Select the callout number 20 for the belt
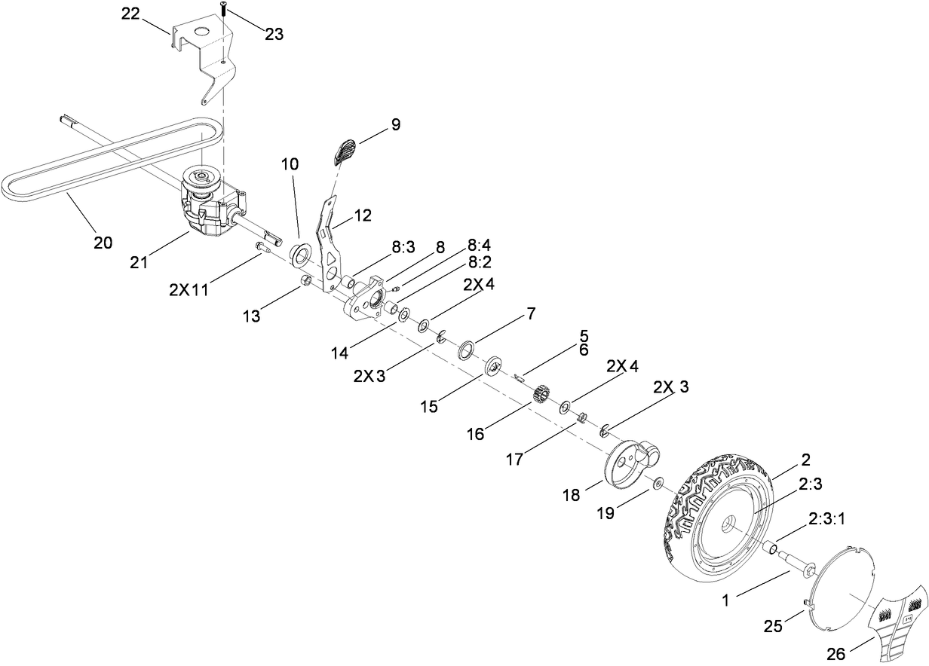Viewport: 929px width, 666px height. click(x=103, y=243)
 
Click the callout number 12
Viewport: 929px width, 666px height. click(x=363, y=215)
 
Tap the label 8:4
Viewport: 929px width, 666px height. click(x=480, y=245)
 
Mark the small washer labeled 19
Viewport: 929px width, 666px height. click(x=658, y=483)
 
